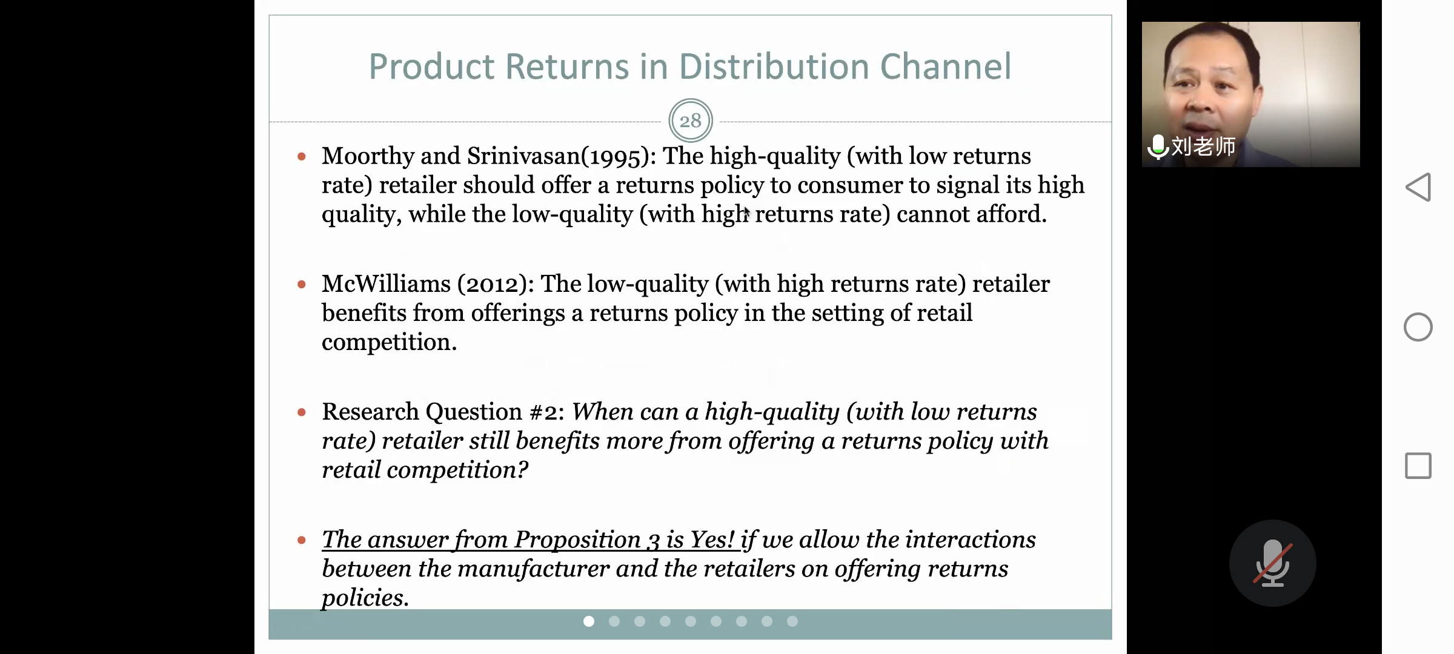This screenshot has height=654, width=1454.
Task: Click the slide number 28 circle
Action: pyautogui.click(x=690, y=121)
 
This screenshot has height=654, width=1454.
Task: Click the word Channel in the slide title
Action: pyautogui.click(x=945, y=66)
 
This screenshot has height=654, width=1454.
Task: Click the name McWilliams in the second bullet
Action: pyautogui.click(x=386, y=283)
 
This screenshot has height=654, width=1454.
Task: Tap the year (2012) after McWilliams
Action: pyautogui.click(x=492, y=284)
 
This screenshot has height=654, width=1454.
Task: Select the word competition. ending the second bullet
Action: pyautogui.click(x=389, y=343)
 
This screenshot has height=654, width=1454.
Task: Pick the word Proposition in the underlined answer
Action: pyautogui.click(x=577, y=540)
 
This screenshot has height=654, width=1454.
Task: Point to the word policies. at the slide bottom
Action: pyautogui.click(x=365, y=598)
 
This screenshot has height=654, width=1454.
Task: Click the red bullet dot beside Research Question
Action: pyautogui.click(x=302, y=412)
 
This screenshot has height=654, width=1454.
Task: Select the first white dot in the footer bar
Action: pyautogui.click(x=589, y=621)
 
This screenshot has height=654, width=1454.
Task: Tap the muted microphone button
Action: pyautogui.click(x=1272, y=563)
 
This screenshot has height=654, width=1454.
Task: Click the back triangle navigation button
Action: pyautogui.click(x=1418, y=187)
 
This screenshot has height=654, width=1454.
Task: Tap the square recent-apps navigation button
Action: pyautogui.click(x=1418, y=466)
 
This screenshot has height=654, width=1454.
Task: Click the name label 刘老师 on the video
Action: pyautogui.click(x=1203, y=147)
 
